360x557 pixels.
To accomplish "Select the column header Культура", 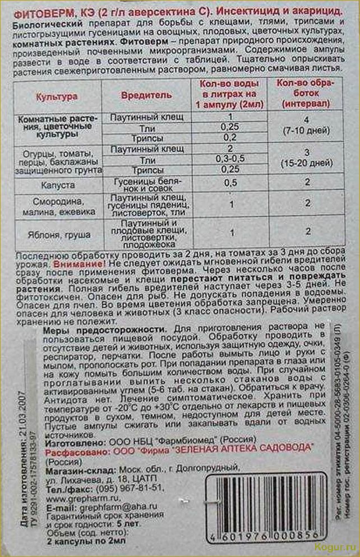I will click(x=57, y=96).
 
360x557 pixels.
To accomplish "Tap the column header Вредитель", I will click(x=147, y=95).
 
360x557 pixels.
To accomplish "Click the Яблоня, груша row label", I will click(x=57, y=235).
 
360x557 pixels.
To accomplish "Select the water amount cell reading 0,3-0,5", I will click(x=228, y=159).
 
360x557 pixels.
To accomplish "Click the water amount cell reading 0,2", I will click(x=228, y=137).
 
